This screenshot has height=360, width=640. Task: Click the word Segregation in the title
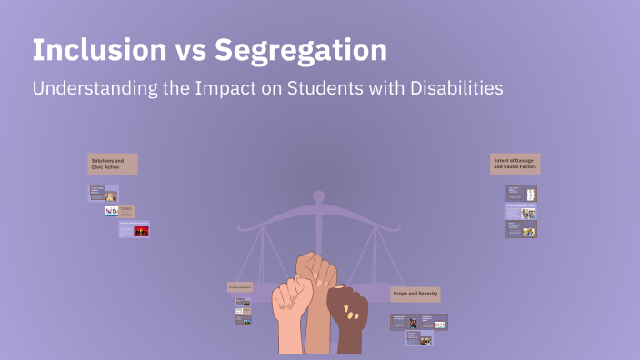pyautogui.click(x=301, y=51)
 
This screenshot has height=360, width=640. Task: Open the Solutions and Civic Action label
pyautogui.click(x=113, y=164)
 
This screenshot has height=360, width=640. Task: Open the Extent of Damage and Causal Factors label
pyautogui.click(x=515, y=164)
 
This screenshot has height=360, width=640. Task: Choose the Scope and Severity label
pyautogui.click(x=415, y=294)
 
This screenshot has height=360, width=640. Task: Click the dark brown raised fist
pyautogui.click(x=347, y=319)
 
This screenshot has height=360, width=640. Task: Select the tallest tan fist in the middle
pyautogui.click(x=317, y=300)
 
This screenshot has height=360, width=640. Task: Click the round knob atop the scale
pyautogui.click(x=318, y=195)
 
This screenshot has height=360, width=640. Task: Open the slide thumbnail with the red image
pyautogui.click(x=135, y=230)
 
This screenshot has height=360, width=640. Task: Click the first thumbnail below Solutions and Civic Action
pyautogui.click(x=104, y=194)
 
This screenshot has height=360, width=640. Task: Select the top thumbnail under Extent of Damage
pyautogui.click(x=521, y=193)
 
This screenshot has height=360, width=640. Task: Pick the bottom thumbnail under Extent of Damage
pyautogui.click(x=521, y=229)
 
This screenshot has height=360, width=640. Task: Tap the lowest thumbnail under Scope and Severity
pyautogui.click(x=418, y=338)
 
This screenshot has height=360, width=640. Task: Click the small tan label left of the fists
pyautogui.click(x=239, y=286)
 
